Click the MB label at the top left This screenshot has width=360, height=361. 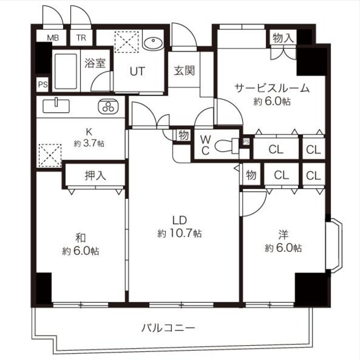tap(52, 38)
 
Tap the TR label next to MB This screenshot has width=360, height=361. tap(81, 38)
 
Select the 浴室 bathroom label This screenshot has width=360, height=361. tap(95, 63)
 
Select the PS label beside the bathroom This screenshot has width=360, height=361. tap(42, 85)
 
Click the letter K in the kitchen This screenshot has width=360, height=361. tap(88, 132)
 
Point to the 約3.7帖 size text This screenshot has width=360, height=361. tap(88, 143)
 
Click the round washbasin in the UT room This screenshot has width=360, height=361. tap(153, 43)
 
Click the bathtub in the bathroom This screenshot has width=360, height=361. tap(67, 71)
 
